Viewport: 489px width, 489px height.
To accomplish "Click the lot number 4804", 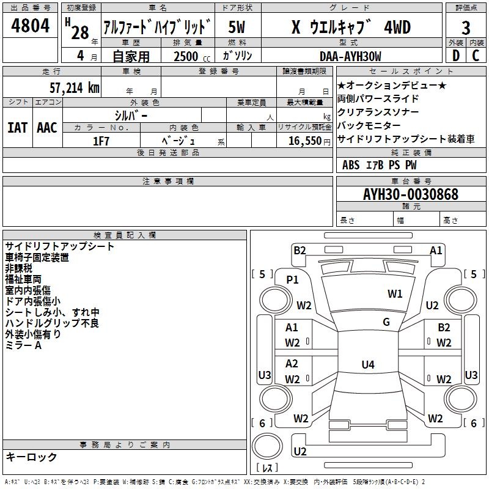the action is coord(30,25).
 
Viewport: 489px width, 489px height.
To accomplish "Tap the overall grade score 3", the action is coord(466,28).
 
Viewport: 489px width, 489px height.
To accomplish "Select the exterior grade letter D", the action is coord(456,56).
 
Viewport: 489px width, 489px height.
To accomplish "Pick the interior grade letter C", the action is coord(476,56).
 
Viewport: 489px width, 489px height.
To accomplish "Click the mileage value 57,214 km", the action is coord(75,87).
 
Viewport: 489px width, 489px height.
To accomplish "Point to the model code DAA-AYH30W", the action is coord(350,56).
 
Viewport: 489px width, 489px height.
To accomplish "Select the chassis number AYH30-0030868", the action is coord(411,194).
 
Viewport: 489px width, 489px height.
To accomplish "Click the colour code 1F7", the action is coord(101,141).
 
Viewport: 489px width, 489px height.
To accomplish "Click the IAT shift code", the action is coord(18,128).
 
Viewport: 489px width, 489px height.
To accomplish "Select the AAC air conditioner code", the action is coord(47,128).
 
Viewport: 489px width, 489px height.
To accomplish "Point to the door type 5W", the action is coord(237,28).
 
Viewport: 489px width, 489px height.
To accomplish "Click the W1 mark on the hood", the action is coord(395,293).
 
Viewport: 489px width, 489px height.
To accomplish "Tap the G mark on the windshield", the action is coord(386,322).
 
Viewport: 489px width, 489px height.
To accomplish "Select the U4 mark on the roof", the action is coord(368,364).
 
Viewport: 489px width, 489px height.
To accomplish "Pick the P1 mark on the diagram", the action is coord(292,280).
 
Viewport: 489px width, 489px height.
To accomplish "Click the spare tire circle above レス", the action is coord(267,446).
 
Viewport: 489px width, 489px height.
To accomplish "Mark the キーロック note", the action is coord(31,457).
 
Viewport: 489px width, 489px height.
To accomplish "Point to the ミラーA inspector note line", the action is coord(23,345).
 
